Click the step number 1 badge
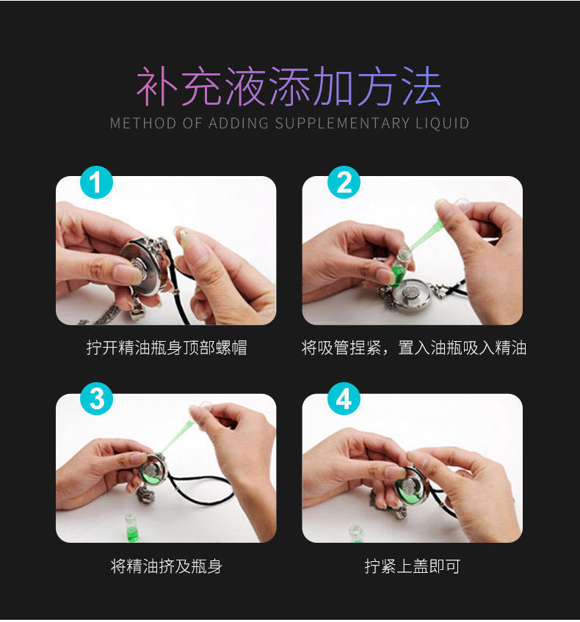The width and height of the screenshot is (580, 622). [x=96, y=183]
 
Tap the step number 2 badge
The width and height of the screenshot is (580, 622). [x=344, y=183]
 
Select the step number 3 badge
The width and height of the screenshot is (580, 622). [x=96, y=399]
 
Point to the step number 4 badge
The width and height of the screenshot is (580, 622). [x=344, y=399]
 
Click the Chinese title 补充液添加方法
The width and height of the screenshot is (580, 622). [x=289, y=87]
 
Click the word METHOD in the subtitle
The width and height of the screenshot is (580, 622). [x=143, y=123]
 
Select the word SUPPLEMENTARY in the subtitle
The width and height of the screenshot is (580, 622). [x=342, y=123]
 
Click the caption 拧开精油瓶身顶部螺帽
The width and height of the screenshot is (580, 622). [x=167, y=348]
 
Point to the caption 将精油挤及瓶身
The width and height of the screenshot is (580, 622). [x=167, y=566]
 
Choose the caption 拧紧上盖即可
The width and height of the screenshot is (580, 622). [x=413, y=566]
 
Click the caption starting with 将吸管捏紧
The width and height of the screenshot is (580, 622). [x=413, y=348]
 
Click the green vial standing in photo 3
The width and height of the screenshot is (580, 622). [x=131, y=528]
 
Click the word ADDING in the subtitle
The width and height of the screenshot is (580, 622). [x=239, y=123]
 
